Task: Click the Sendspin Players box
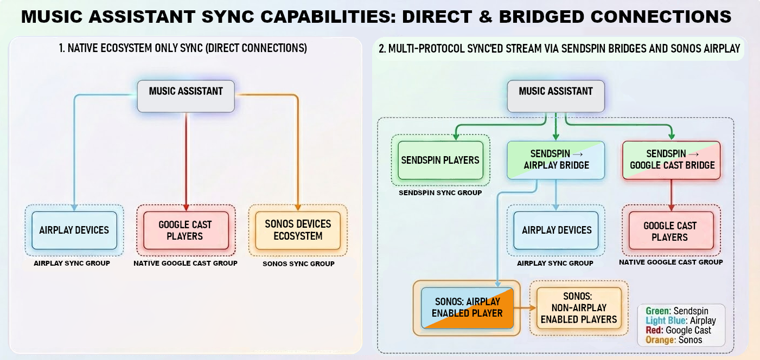pyautogui.click(x=440, y=160)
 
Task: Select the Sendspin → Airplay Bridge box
pyautogui.click(x=556, y=159)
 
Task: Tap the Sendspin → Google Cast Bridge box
pyautogui.click(x=672, y=159)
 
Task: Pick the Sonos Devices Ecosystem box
pyautogui.click(x=298, y=230)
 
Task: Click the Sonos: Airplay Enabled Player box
pyautogui.click(x=467, y=307)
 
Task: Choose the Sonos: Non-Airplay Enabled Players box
pyautogui.click(x=579, y=307)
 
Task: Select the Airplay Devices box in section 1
pyautogui.click(x=74, y=230)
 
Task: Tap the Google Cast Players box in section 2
pyautogui.click(x=670, y=231)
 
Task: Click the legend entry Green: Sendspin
pyautogui.click(x=677, y=311)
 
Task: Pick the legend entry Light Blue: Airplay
pyautogui.click(x=680, y=321)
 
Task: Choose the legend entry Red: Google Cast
pyautogui.click(x=678, y=330)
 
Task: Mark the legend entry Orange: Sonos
pyautogui.click(x=674, y=340)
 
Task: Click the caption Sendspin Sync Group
pyautogui.click(x=440, y=192)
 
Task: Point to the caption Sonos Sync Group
pyautogui.click(x=298, y=264)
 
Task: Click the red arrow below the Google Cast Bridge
pyautogui.click(x=671, y=194)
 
